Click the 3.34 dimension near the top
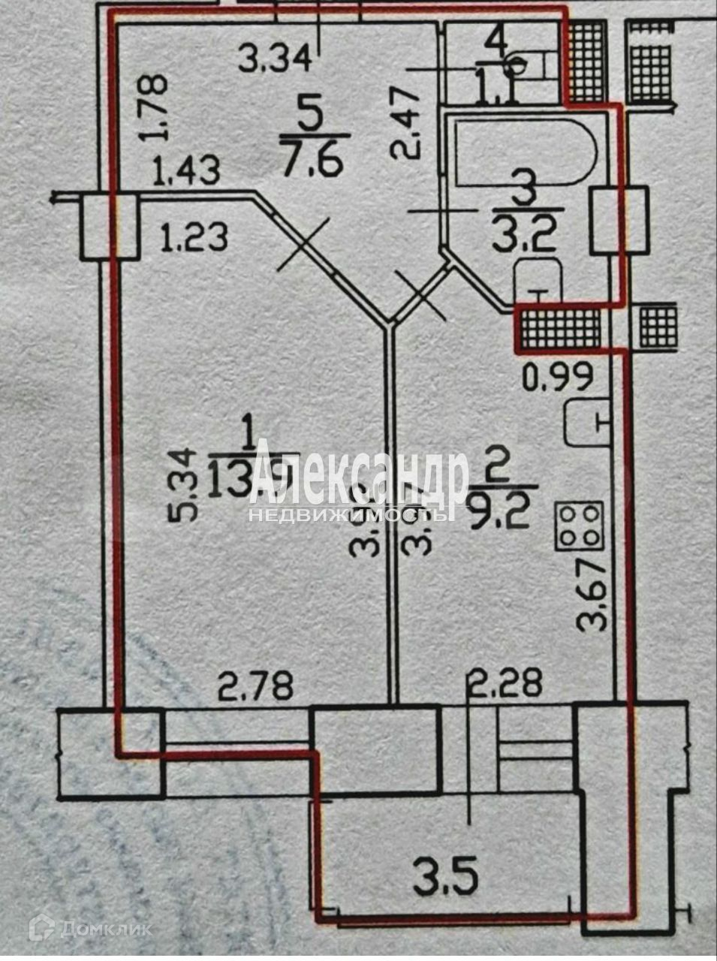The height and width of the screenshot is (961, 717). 275,58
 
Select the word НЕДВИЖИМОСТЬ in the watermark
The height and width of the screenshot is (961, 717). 351,516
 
